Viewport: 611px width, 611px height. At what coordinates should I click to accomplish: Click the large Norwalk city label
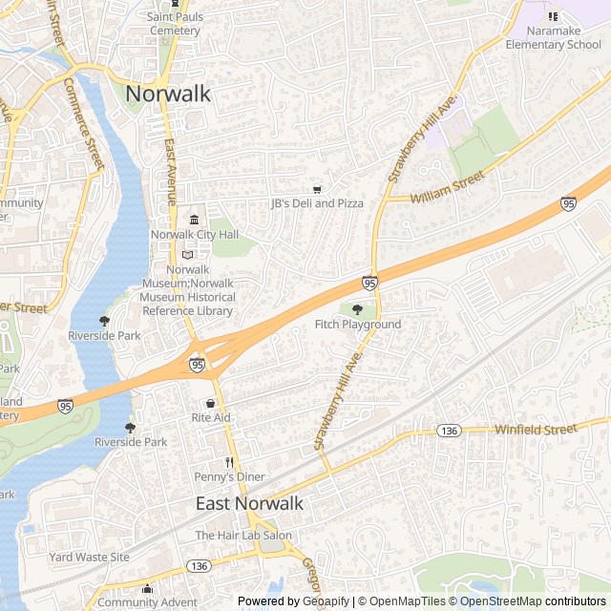[x=169, y=94]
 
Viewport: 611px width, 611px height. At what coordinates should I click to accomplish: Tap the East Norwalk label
[x=249, y=503]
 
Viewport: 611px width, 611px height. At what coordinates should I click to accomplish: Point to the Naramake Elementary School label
[x=554, y=37]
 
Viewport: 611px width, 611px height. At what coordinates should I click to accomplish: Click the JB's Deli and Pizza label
[x=317, y=203]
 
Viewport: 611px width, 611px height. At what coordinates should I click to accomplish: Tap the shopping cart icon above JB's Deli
[x=317, y=189]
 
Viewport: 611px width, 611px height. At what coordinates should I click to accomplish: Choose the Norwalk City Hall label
[x=195, y=235]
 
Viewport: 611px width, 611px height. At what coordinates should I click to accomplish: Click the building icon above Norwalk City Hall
[x=194, y=221]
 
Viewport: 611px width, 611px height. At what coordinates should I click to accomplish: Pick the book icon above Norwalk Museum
[x=187, y=255]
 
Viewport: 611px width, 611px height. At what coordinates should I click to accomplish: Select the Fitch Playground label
[x=358, y=325]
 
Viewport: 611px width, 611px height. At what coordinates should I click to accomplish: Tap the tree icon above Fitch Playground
[x=358, y=309]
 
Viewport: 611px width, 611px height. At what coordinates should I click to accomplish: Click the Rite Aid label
[x=211, y=418]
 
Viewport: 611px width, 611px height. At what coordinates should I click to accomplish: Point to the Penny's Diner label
[x=230, y=476]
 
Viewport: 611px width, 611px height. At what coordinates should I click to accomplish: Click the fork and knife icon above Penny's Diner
[x=229, y=462]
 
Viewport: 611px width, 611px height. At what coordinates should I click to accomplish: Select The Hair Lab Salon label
[x=243, y=536]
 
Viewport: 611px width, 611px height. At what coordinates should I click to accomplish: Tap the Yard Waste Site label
[x=89, y=557]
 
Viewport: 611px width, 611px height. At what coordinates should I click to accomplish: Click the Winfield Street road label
[x=536, y=430]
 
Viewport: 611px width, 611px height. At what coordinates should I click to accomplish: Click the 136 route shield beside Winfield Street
[x=449, y=432]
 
